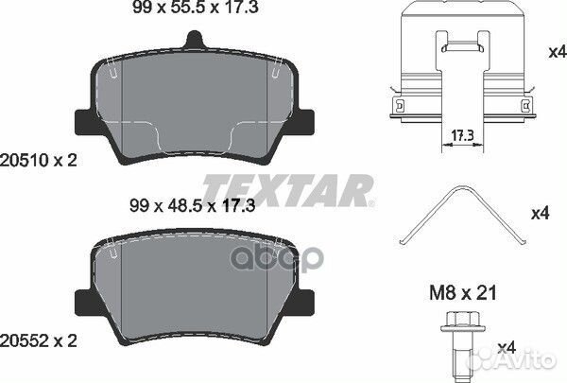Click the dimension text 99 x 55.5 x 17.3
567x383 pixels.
pyautogui.click(x=196, y=7)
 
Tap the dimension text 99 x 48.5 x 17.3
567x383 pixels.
pyautogui.click(x=193, y=205)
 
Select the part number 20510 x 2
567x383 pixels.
pyautogui.click(x=39, y=160)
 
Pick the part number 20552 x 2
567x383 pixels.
pyautogui.click(x=39, y=341)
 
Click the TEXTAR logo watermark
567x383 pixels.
pyautogui.click(x=288, y=191)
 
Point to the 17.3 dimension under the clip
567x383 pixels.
pyautogui.click(x=462, y=136)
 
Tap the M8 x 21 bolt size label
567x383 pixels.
pyautogui.click(x=463, y=293)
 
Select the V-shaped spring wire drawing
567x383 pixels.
pyautogui.click(x=463, y=218)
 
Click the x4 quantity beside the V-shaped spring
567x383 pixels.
pyautogui.click(x=540, y=213)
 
